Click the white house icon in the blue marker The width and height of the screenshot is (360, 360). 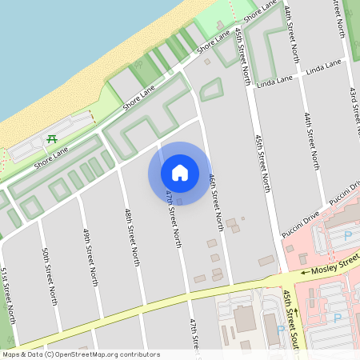pos(180,172)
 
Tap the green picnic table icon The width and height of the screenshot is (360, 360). pos(52,139)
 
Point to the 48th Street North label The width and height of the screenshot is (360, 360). pos(133,237)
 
